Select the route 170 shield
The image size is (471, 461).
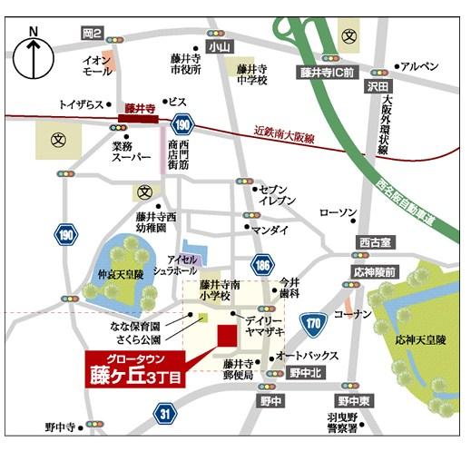(x=313, y=321)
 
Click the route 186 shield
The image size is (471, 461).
(x=262, y=265)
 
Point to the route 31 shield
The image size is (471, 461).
(x=163, y=414)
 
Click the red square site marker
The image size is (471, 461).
(x=226, y=336)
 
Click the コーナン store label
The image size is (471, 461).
(x=347, y=314)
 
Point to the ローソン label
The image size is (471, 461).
(x=339, y=212)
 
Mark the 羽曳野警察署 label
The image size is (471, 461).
(x=343, y=425)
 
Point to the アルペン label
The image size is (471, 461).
(x=420, y=66)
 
